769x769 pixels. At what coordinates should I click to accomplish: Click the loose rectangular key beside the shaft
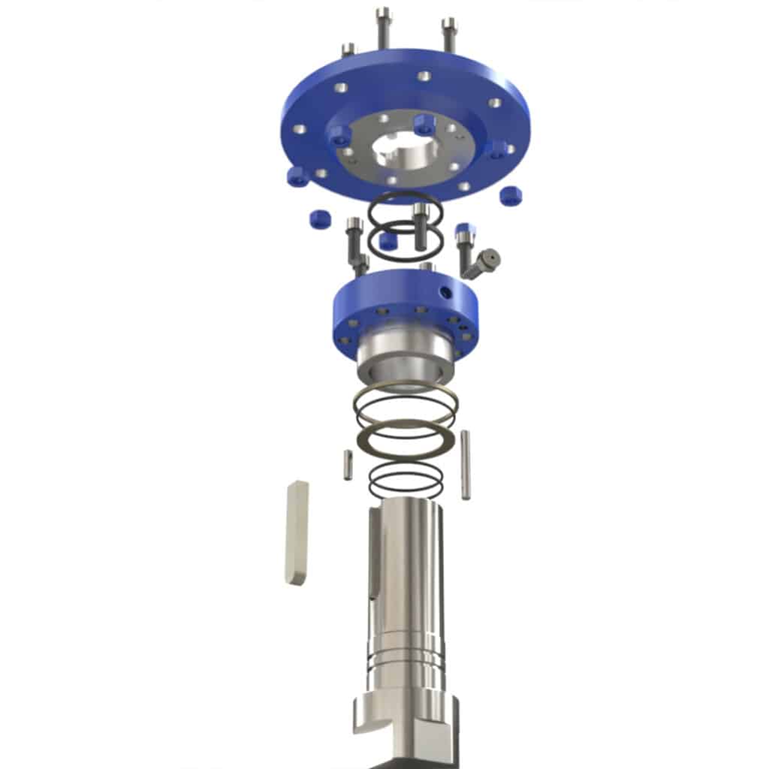click(297, 532)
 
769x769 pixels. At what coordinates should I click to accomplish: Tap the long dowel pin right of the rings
click(466, 464)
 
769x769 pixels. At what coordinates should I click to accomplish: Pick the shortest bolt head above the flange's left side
click(348, 51)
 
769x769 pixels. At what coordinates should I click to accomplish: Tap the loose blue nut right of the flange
click(511, 195)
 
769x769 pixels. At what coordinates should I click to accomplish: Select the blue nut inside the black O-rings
click(388, 241)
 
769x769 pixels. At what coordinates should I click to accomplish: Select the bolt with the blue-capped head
click(463, 240)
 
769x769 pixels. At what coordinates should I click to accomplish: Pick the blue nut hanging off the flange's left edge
click(299, 176)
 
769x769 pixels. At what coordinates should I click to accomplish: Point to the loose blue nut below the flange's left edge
click(320, 219)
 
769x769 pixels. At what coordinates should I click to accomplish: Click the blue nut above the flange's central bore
click(424, 124)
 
